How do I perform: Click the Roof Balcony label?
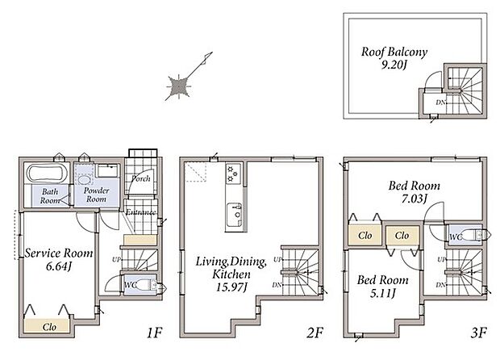click(x=394, y=52)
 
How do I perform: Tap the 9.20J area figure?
click(x=394, y=65)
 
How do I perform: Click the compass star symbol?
click(x=179, y=86)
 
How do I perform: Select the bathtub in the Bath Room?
click(x=47, y=173)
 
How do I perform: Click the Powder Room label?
click(x=96, y=195)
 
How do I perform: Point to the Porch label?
click(x=140, y=178)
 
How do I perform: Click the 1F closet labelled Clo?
click(x=47, y=326)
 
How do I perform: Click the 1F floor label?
click(x=154, y=333)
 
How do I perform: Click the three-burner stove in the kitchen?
click(x=232, y=174)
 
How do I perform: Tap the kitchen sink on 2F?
click(x=234, y=215)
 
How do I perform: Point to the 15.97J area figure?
click(x=231, y=287)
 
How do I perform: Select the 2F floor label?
click(x=315, y=333)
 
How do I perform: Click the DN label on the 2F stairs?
click(x=277, y=285)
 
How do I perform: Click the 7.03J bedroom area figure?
click(x=414, y=199)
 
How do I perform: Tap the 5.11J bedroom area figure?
click(x=382, y=293)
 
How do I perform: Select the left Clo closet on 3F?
click(x=365, y=235)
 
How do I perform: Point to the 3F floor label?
click(x=479, y=333)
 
